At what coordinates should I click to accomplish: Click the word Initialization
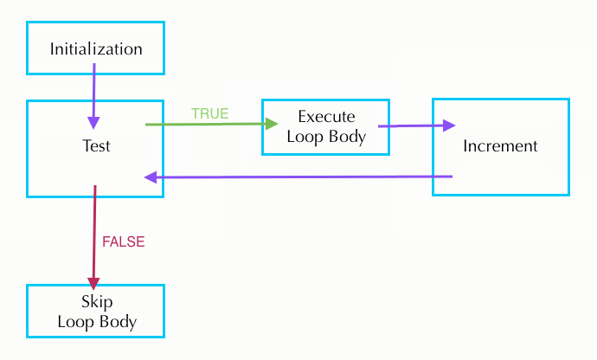coord(95,48)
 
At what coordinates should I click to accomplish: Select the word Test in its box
coord(95,146)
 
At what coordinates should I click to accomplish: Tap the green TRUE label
coord(209,113)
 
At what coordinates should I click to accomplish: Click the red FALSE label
coord(124,242)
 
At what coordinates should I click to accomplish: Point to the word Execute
coord(325,117)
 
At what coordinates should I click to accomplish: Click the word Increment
coord(500,146)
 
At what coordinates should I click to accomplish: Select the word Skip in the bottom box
coord(96,302)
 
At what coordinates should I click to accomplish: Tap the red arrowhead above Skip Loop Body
coord(93,281)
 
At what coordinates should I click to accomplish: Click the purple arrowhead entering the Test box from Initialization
coord(93,122)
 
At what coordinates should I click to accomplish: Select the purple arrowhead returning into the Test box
coord(151,177)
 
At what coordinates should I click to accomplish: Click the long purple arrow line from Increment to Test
coord(303,177)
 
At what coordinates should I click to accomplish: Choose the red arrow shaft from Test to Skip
coord(94,234)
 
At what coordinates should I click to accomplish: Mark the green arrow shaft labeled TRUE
coord(203,125)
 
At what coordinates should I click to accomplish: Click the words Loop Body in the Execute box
coord(325,136)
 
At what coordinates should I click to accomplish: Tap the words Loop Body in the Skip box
coord(96,322)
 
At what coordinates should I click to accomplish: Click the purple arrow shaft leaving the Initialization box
coord(93,93)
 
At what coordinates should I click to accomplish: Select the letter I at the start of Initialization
coord(52,48)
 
